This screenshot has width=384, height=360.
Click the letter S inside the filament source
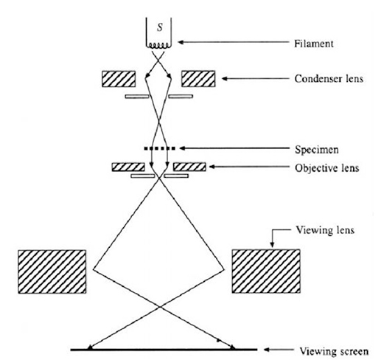160,27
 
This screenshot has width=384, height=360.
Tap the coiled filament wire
158,46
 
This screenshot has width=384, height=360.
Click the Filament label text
314,44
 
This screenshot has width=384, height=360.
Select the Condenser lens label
329,79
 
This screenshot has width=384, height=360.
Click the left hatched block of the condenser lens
119,79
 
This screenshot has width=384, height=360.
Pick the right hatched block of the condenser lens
198,79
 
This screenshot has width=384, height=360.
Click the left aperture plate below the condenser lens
137,97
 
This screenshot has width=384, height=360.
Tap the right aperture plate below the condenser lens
181,97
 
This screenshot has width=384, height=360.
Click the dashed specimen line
159,148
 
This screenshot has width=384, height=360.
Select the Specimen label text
317,150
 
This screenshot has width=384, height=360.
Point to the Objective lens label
327,168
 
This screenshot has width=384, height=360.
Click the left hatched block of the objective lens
128,167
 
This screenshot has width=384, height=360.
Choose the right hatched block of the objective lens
189,167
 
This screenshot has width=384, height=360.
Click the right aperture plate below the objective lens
176,176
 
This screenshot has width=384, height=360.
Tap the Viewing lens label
325,230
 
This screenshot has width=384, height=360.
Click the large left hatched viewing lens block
52,271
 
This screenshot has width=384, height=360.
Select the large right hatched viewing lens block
266,271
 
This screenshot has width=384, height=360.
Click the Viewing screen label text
334,351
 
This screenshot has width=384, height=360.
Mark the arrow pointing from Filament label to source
234,42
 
